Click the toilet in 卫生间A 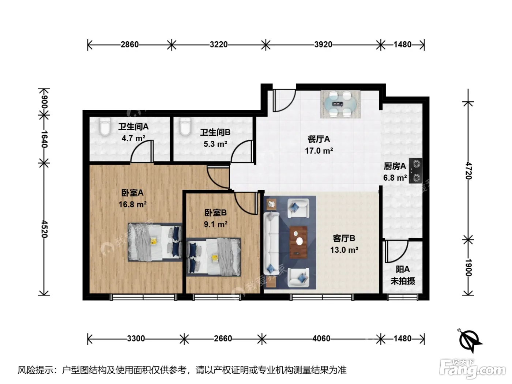[105, 127]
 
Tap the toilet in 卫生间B [185, 127]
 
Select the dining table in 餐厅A [340, 104]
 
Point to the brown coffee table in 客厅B [298, 242]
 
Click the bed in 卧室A [155, 242]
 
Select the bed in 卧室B [214, 257]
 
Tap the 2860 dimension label [129, 44]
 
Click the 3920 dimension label [323, 44]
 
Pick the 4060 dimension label [321, 338]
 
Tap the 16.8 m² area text [132, 204]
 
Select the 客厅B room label [344, 238]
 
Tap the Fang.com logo [473, 369]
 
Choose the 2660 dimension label [223, 338]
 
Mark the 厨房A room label [395, 166]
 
